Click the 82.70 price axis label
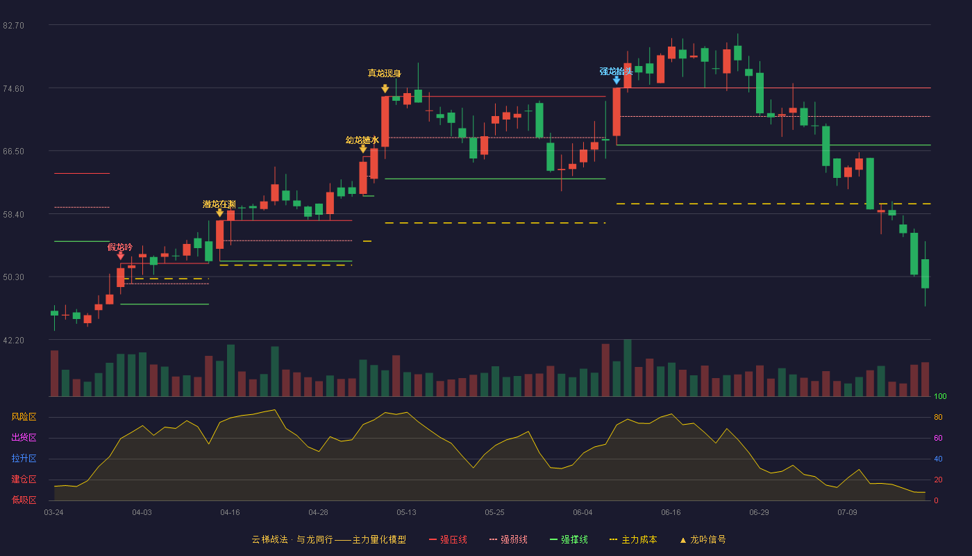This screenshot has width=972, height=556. coord(13,26)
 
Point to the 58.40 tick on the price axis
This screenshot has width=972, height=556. coord(13,215)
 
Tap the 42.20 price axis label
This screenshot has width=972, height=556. coord(13,341)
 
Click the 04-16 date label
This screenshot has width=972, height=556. coord(230,513)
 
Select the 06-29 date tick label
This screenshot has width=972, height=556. coord(759,513)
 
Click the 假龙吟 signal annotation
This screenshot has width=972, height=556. coord(120,247)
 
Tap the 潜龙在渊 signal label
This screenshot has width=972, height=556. coord(219,204)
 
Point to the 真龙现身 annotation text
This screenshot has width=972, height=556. coord(385,74)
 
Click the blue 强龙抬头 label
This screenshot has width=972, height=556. coord(617,71)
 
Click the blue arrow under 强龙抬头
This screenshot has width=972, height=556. coord(617,81)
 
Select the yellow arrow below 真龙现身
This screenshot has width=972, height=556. coord(385,89)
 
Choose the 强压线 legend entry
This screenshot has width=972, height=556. coord(449,539)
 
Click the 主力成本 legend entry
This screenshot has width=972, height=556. coord(633,539)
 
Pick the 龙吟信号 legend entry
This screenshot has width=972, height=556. coord(703,539)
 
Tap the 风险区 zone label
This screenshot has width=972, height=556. coord(24,417)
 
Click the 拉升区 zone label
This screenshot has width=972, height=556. coord(24,459)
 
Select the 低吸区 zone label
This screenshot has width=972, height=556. coord(24,500)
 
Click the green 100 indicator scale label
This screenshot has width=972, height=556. coord(940,396)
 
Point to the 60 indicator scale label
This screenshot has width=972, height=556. coord(938,438)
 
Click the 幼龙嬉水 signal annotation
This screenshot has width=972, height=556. coord(362,140)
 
